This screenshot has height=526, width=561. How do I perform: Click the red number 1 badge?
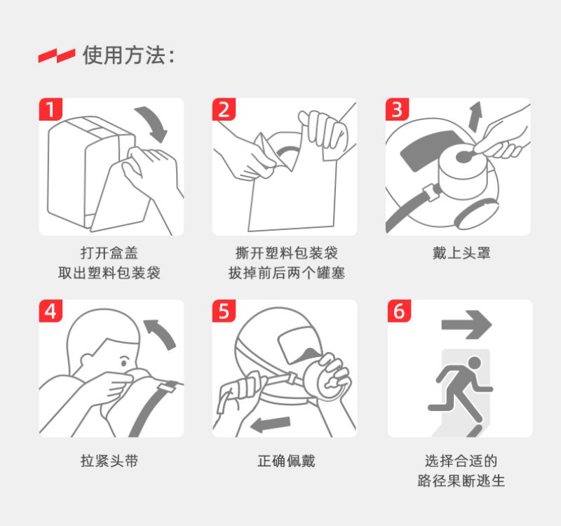tap(50, 109)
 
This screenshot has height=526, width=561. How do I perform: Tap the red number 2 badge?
tap(224, 109)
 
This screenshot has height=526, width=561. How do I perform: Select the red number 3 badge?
tap(397, 109)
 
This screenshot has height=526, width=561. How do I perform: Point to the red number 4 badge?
tap(50, 311)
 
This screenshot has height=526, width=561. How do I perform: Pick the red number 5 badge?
tap(224, 311)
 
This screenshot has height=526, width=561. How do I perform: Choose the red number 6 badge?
tap(399, 311)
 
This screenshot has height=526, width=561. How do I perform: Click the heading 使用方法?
tap(125, 55)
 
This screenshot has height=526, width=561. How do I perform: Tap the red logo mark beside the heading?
tap(57, 56)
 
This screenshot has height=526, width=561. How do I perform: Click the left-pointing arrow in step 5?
tap(270, 424)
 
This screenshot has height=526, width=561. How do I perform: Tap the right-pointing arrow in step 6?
tap(466, 325)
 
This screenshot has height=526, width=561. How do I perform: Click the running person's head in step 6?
tap(475, 363)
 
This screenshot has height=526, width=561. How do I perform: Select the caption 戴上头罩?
tap(461, 253)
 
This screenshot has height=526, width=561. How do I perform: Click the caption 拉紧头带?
tap(109, 461)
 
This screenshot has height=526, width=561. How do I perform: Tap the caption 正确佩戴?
tap(286, 461)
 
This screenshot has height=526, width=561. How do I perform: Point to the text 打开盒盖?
tap(109, 253)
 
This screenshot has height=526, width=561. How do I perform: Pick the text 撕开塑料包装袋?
tap(287, 253)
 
